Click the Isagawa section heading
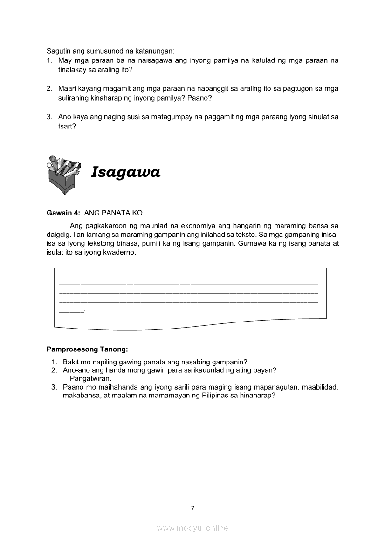pos(126,173)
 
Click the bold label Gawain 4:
pos(64,213)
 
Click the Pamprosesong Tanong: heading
pos(87,349)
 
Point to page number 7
pos(192,508)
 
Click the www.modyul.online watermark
pos(192,528)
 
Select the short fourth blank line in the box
pos(71,311)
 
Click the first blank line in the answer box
pos(189,283)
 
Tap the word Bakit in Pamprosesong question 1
pos(72,362)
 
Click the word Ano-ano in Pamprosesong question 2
pos(76,370)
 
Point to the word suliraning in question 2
pos(75,98)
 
